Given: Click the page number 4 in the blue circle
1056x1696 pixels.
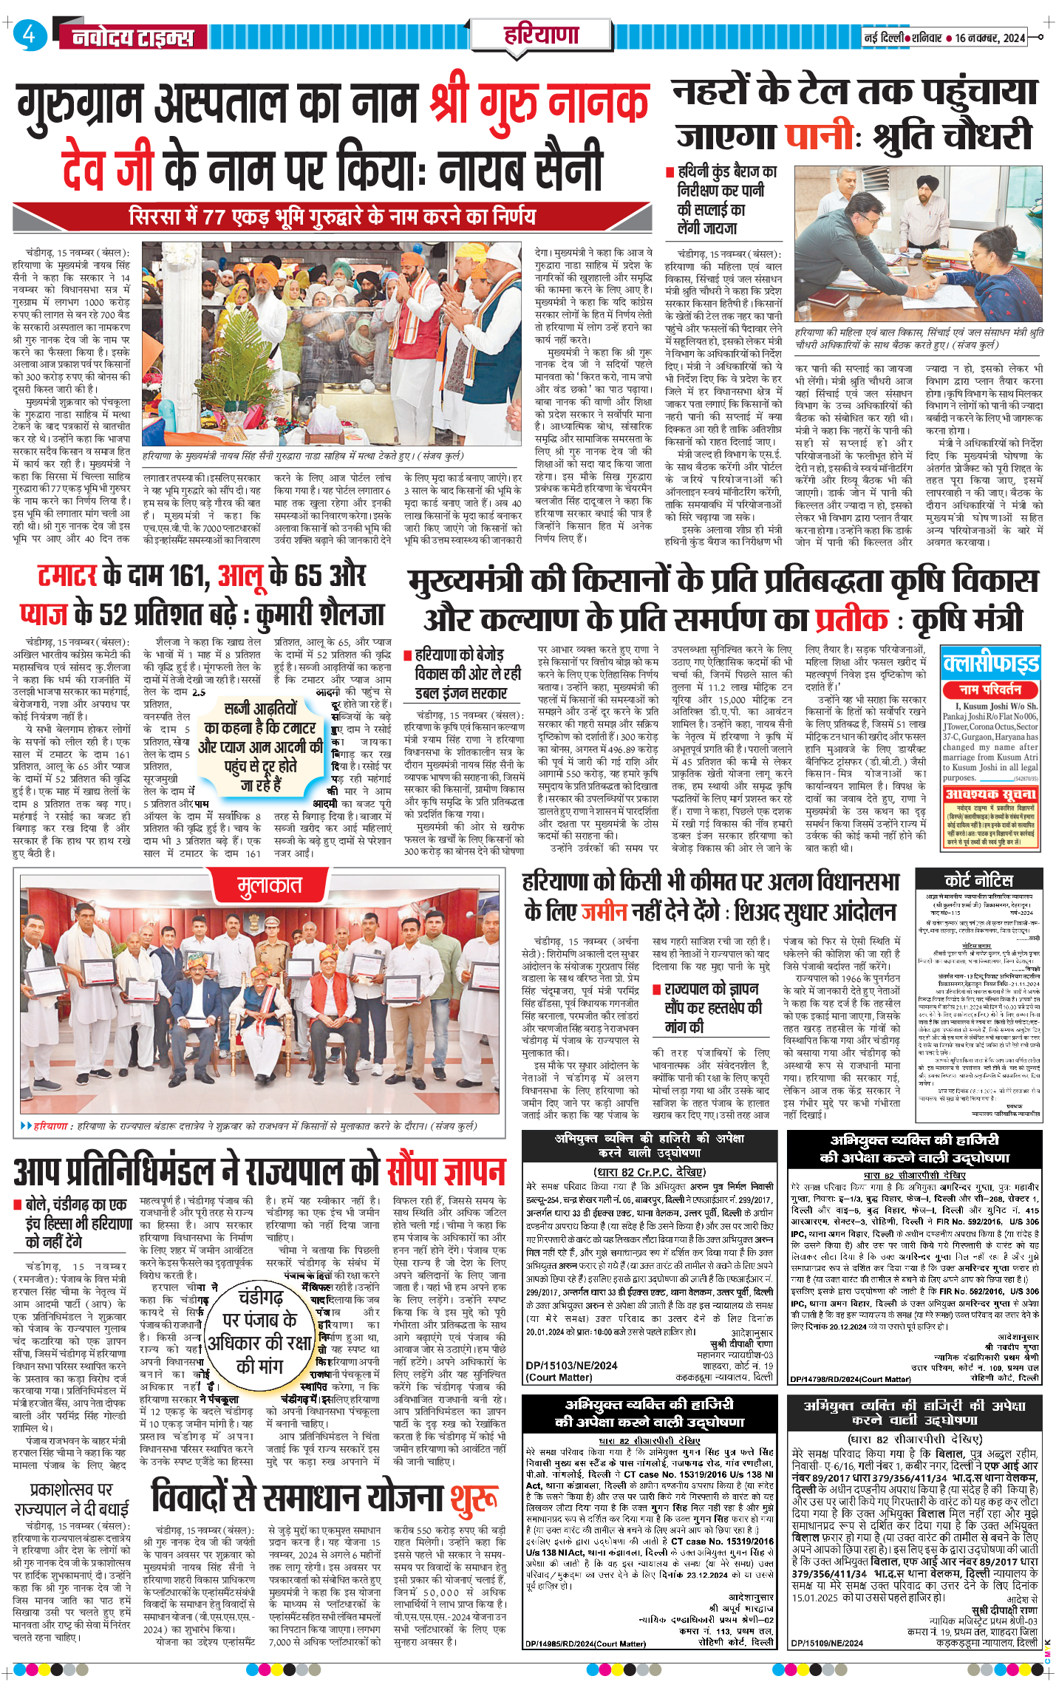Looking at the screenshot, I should (x=29, y=35).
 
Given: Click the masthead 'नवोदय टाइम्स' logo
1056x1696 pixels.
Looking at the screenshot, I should (x=133, y=38).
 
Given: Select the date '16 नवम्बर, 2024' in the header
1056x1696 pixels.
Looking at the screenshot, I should (x=989, y=38).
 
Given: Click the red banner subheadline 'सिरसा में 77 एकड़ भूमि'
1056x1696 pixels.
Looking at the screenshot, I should (x=332, y=217).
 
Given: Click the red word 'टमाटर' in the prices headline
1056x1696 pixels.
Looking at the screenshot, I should (x=67, y=576).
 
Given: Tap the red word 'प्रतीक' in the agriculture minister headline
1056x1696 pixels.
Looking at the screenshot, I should (x=851, y=619).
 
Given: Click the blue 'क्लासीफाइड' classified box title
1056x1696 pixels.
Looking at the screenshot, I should (x=990, y=664).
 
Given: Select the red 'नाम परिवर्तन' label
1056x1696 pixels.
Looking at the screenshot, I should (x=990, y=689).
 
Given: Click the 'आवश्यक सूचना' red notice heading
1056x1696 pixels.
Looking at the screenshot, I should (x=990, y=794).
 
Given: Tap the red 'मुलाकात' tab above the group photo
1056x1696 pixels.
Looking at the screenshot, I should (x=270, y=885).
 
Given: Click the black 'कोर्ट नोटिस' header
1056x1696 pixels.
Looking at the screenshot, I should (x=979, y=879).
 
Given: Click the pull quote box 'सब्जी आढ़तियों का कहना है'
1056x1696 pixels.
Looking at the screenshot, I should (x=261, y=747).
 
